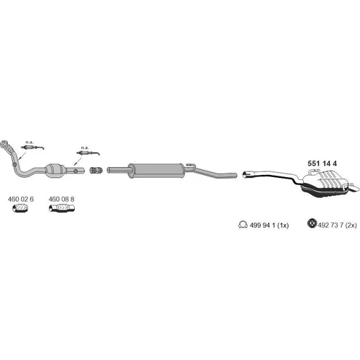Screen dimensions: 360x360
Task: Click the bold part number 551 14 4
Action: click(x=322, y=163)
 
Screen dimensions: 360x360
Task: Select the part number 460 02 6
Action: click(x=21, y=199)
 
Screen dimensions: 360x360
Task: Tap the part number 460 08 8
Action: click(x=61, y=199)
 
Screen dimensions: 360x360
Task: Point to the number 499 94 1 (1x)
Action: click(x=269, y=225)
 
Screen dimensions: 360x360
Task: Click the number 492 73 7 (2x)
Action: click(x=337, y=225)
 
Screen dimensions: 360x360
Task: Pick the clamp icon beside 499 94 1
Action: click(x=243, y=225)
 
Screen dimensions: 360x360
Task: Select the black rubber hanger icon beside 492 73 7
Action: click(x=312, y=223)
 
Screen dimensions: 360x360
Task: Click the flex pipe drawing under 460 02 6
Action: click(x=20, y=208)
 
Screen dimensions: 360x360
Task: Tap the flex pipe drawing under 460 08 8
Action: click(x=62, y=208)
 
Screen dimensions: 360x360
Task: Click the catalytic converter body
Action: click(x=55, y=171)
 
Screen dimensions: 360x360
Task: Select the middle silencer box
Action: click(x=156, y=171)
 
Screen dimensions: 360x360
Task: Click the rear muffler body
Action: click(x=325, y=184)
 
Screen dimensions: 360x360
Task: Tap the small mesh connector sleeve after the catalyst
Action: click(x=96, y=170)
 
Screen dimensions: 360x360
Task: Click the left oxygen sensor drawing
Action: click(x=32, y=148)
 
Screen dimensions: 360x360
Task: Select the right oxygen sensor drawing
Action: click(x=88, y=153)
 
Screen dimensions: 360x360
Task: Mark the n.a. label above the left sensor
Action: click(x=30, y=143)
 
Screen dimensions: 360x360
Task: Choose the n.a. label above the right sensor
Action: click(x=85, y=148)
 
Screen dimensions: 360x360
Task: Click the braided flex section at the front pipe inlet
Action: click(x=7, y=145)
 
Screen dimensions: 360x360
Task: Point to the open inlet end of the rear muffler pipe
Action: click(x=246, y=174)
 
